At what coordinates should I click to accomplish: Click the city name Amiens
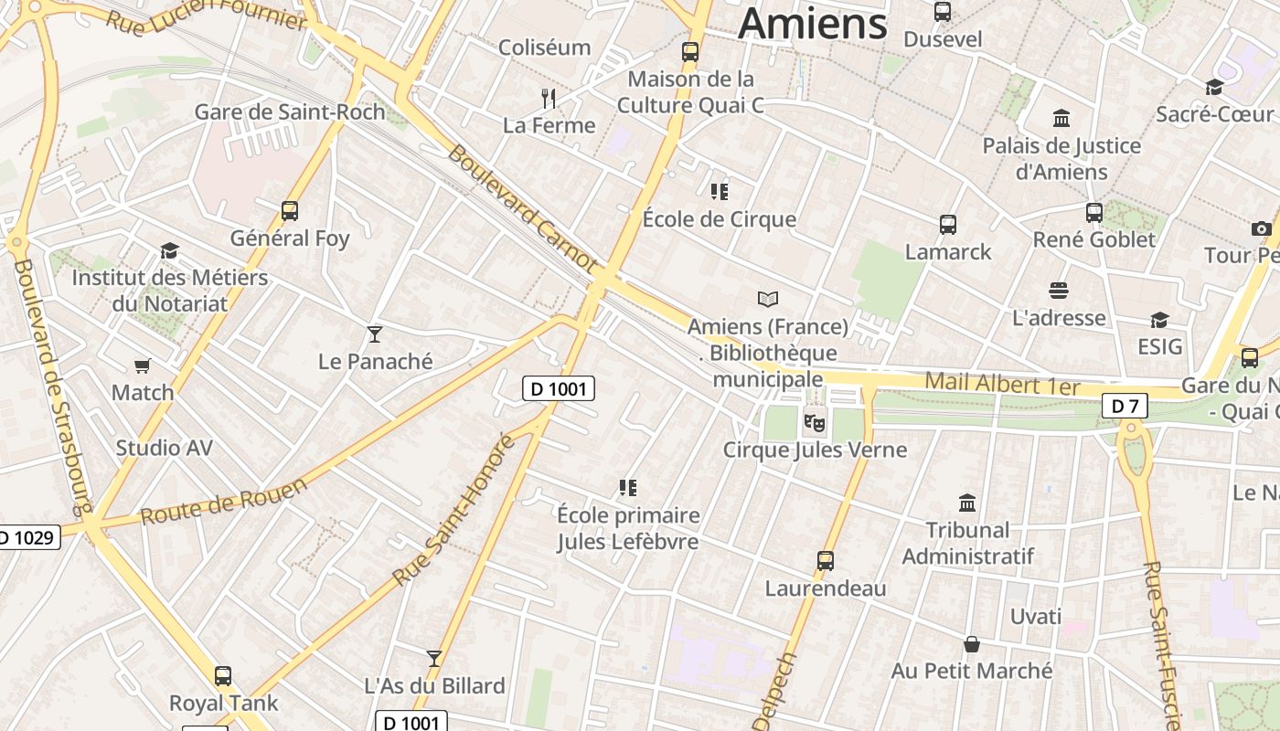point(813,24)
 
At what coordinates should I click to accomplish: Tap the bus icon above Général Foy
point(290,211)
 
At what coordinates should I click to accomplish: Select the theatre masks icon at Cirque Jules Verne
point(814,422)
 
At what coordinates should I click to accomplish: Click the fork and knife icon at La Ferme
point(549,98)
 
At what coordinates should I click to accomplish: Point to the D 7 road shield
point(1124,406)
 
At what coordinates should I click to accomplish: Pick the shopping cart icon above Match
point(143,365)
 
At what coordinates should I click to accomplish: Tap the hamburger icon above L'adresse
point(1059,291)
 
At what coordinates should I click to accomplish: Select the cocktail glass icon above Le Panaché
point(375,334)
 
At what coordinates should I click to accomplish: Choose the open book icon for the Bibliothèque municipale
point(768,299)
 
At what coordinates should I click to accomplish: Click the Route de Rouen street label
point(224,503)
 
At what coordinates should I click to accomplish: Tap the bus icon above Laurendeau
point(826,560)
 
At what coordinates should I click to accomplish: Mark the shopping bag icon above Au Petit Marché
point(972,644)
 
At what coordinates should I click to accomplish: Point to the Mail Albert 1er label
point(1002,384)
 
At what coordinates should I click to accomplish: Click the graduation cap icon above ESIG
point(1159,320)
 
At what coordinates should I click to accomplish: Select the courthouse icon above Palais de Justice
point(1061,118)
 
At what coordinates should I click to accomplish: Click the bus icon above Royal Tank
point(223,676)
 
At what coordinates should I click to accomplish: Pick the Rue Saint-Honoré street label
point(454,510)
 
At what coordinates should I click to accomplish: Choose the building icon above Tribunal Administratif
point(967,503)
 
